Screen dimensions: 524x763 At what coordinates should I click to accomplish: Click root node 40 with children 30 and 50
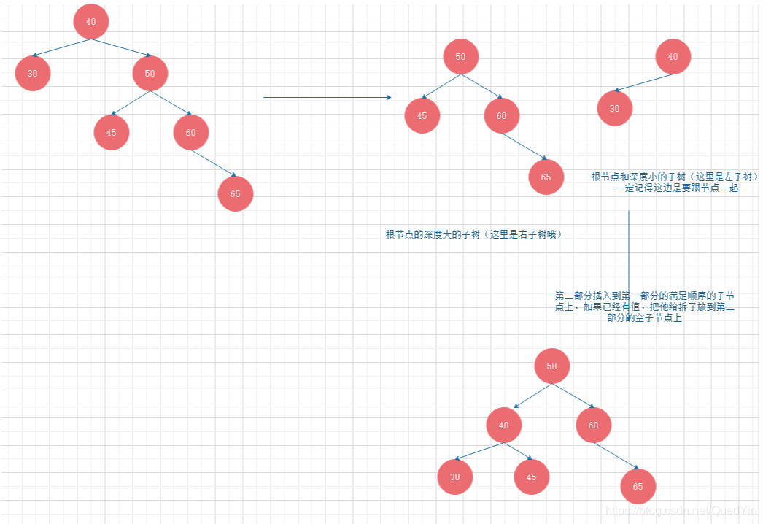coord(90,22)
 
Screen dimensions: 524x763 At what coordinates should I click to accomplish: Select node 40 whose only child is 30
coord(673,57)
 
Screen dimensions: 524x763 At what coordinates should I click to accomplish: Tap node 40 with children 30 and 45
coord(503,425)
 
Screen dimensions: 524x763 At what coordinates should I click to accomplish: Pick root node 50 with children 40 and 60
coord(551,366)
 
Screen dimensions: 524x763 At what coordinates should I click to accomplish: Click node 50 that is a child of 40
coord(150,73)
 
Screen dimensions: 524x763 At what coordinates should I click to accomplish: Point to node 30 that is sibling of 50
coord(32,74)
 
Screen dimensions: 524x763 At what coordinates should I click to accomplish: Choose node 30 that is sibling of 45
coord(455,477)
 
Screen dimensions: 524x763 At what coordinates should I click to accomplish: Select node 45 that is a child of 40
coord(531,477)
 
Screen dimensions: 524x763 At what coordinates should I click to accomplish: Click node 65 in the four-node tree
coord(546,177)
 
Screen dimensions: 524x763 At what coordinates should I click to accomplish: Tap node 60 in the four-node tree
coord(501,115)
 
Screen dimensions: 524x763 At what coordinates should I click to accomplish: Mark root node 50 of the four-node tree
coord(460,57)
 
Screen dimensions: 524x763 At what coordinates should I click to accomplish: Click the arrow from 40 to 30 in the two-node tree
coord(643,82)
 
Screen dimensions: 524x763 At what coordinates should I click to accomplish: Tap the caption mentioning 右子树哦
coord(474,235)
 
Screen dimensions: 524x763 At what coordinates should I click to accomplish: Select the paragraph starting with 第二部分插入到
coord(644,307)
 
